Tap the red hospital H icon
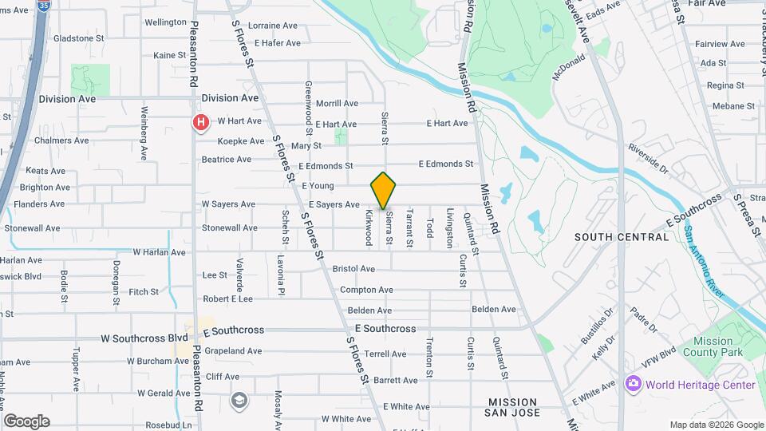pyautogui.click(x=201, y=122)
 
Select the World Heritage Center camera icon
pyautogui.click(x=634, y=384)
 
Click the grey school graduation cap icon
pyautogui.click(x=239, y=400)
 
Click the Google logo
pyautogui.click(x=26, y=421)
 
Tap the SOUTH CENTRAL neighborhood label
pyautogui.click(x=622, y=237)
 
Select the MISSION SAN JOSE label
pyautogui.click(x=514, y=407)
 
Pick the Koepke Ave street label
pyautogui.click(x=241, y=141)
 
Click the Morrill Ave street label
pyautogui.click(x=337, y=104)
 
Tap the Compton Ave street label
pyautogui.click(x=366, y=290)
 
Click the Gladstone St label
pyautogui.click(x=78, y=38)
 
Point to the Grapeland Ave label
pyautogui.click(x=233, y=350)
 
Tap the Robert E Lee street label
pyautogui.click(x=227, y=299)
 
